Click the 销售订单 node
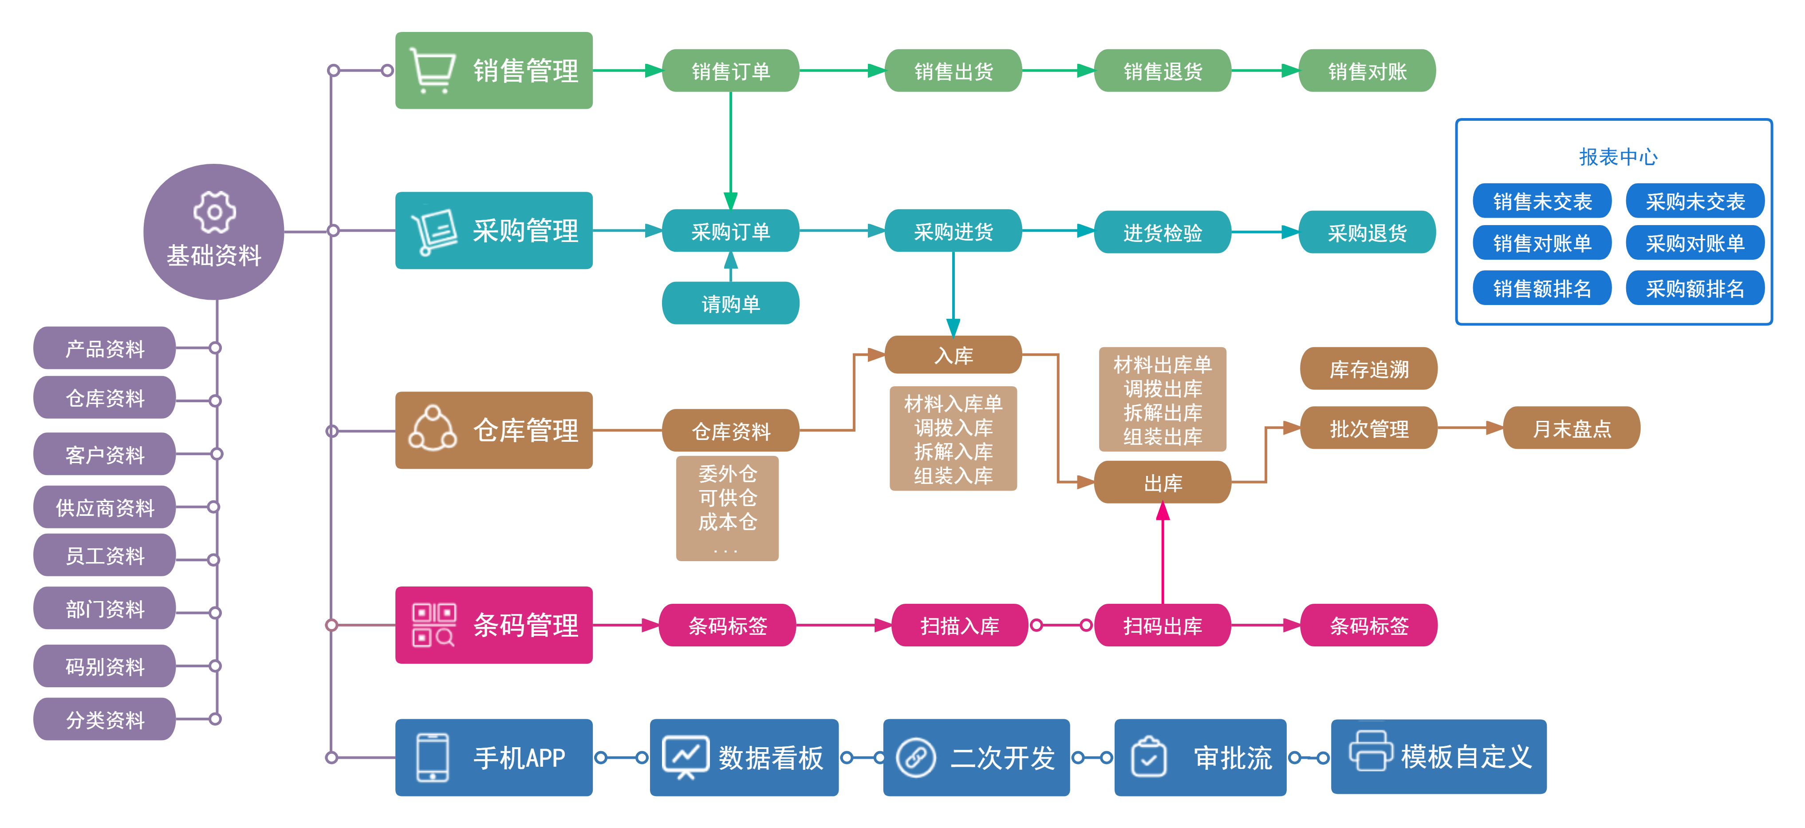[730, 71]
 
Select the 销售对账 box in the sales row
[1367, 71]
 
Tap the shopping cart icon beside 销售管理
[432, 70]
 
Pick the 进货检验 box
[1163, 232]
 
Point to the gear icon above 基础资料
[214, 212]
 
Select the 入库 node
[953, 356]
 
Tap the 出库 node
[1163, 482]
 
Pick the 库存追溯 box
[1368, 369]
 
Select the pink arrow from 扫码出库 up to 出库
[1163, 554]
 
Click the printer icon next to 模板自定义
[1371, 751]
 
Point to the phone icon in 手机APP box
[432, 757]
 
